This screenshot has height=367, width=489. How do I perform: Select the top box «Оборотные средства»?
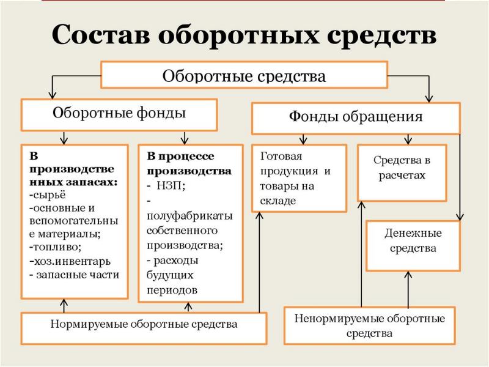click(244, 75)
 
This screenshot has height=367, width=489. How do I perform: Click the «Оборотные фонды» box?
click(119, 115)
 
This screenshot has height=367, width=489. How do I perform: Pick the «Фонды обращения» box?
click(356, 119)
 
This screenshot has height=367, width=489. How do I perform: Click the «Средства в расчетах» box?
click(402, 172)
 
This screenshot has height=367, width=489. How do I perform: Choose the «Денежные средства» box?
click(413, 246)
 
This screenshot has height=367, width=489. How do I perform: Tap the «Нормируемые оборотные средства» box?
click(144, 328)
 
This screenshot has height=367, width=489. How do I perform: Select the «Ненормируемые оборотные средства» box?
click(370, 325)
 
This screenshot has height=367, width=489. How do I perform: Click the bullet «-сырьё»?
click(48, 195)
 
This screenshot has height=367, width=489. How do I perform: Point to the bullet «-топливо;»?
click(56, 247)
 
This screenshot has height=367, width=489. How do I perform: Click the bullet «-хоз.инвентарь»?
click(70, 261)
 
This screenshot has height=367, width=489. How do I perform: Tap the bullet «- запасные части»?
click(74, 275)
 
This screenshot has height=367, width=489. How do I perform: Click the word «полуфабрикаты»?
click(189, 217)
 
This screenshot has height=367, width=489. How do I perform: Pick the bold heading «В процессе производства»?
click(189, 163)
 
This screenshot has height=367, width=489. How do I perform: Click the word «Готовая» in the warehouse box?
click(281, 156)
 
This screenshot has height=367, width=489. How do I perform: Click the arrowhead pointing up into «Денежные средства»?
click(408, 275)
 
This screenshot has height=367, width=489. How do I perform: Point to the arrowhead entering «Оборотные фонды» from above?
click(53, 95)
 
